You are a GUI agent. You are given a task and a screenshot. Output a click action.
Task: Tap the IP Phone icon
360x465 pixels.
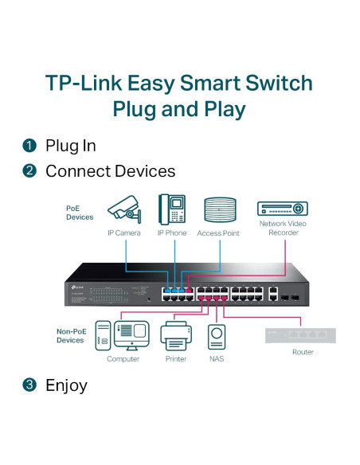172,209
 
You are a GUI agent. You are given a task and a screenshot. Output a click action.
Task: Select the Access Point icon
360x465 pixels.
219,210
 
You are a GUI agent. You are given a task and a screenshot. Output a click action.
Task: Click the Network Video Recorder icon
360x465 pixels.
282,209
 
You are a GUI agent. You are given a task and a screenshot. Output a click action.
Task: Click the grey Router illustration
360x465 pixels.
302,334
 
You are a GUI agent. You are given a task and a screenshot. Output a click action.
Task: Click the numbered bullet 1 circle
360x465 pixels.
29,146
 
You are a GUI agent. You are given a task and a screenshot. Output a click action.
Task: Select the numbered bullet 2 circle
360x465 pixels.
29,171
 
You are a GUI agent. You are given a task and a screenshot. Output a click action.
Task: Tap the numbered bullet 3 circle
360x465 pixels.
29,385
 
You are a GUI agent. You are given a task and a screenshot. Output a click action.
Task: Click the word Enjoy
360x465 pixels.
66,385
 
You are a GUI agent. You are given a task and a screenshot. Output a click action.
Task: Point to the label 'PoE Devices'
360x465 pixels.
79,212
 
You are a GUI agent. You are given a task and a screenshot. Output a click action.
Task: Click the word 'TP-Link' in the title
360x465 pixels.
88,84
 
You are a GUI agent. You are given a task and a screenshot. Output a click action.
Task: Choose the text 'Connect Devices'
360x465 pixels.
110,171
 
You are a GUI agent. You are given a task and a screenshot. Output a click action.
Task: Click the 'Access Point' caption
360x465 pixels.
219,232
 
